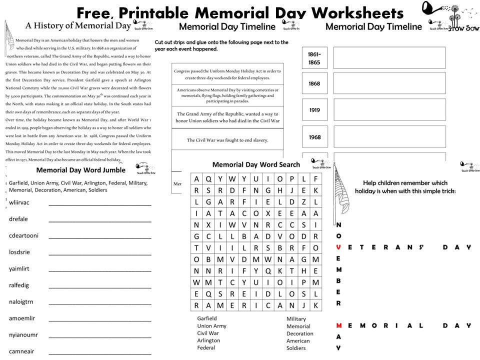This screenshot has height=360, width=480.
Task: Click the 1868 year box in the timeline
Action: pyautogui.click(x=314, y=83)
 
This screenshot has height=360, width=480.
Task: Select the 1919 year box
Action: pyautogui.click(x=314, y=110)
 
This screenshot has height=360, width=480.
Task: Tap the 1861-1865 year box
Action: pyautogui.click(x=314, y=58)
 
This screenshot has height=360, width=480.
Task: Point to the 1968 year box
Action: pyautogui.click(x=314, y=137)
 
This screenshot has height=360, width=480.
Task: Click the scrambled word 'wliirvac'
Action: pyautogui.click(x=19, y=202)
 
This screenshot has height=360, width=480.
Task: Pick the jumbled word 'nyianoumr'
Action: pyautogui.click(x=23, y=334)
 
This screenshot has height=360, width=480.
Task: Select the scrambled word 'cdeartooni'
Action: pyautogui.click(x=23, y=235)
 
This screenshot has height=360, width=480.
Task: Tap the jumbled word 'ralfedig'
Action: pyautogui.click(x=19, y=285)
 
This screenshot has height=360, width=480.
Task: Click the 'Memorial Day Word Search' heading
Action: pyautogui.click(x=256, y=164)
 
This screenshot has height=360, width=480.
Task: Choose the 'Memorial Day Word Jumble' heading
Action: pyautogui.click(x=81, y=170)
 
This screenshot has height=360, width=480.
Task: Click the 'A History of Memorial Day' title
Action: pyautogui.click(x=78, y=25)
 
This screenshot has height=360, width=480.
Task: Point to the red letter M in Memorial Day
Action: pyautogui.click(x=339, y=325)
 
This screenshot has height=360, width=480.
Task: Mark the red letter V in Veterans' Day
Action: pyautogui.click(x=339, y=247)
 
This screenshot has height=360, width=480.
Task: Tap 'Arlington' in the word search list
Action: pyautogui.click(x=208, y=340)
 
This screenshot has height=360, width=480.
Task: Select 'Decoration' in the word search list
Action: pyautogui.click(x=300, y=333)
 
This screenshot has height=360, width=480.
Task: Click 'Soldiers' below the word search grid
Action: pyautogui.click(x=296, y=348)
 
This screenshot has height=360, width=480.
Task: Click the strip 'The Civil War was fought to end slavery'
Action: pyautogui.click(x=227, y=140)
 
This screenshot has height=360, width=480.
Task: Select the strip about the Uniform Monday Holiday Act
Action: pyautogui.click(x=227, y=74)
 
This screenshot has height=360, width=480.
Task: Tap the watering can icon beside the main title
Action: pyautogui.click(x=433, y=8)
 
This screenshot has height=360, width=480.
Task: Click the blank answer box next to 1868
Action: pyautogui.click(x=389, y=83)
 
